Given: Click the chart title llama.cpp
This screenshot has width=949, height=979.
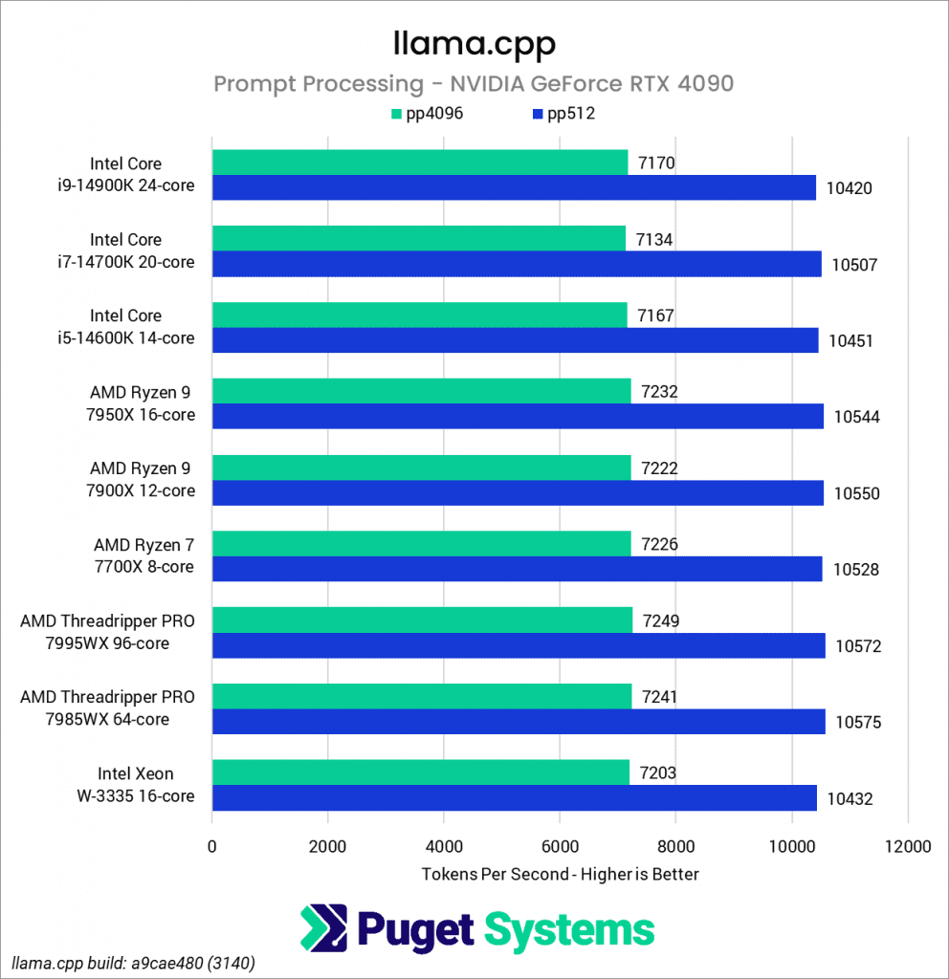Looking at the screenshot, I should click(x=474, y=43).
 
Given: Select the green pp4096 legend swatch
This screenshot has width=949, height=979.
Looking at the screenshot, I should click(x=394, y=115).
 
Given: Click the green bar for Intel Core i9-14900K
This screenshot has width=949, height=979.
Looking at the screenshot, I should click(x=419, y=163).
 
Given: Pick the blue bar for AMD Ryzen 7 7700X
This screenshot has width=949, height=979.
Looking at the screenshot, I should click(x=517, y=569).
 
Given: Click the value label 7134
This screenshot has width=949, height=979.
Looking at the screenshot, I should click(x=654, y=239).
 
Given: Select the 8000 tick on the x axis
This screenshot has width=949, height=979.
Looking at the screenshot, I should click(x=675, y=846).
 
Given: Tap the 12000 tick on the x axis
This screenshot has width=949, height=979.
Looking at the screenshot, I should click(x=907, y=846).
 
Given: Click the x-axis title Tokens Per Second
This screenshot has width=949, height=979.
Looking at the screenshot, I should click(x=560, y=874).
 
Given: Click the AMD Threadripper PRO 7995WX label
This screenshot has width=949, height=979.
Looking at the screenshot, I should click(x=107, y=632).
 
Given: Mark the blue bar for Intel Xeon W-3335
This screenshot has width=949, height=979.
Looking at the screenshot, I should click(x=514, y=797).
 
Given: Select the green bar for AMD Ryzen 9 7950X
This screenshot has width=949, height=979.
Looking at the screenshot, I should click(x=421, y=391).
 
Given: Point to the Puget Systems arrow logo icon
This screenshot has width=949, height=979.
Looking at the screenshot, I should click(x=323, y=928).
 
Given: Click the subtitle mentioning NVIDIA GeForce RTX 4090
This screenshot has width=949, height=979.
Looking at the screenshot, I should click(x=474, y=84).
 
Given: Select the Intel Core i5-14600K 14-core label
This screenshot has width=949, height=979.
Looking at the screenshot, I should click(x=141, y=326).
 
